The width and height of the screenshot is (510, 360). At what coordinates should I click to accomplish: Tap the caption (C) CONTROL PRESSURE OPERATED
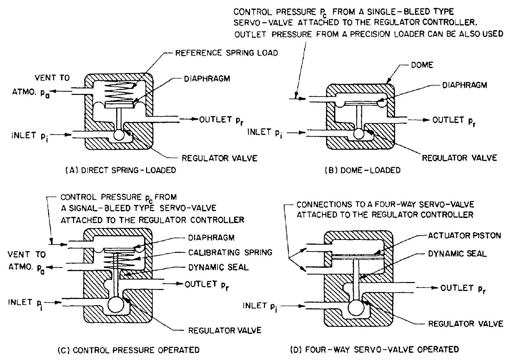pos(128,350)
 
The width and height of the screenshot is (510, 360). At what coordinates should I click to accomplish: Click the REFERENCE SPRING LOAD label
pos(226,53)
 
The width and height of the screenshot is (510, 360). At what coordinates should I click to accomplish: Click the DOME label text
pos(422,65)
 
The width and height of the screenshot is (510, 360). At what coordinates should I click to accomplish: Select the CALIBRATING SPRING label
pos(230,252)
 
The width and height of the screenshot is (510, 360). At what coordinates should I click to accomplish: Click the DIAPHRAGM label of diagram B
pos(465,85)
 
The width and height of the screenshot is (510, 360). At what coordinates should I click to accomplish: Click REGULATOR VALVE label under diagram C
pos(225,330)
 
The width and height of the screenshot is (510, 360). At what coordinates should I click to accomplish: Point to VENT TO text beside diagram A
pos(52,78)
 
